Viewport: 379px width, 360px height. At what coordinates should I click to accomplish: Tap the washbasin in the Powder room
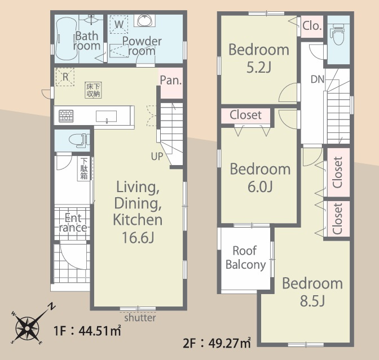click(145, 20)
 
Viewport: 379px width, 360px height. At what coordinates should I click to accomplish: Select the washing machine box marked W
click(118, 24)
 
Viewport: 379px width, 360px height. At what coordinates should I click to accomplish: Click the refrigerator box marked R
click(65, 77)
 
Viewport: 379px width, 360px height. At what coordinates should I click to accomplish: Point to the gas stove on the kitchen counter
click(66, 116)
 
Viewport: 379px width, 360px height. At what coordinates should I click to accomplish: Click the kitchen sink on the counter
click(107, 117)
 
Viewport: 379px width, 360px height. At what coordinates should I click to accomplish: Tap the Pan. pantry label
click(171, 80)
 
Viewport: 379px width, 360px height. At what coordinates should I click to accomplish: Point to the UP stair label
click(157, 157)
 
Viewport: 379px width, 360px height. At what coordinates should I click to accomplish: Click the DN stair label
click(318, 79)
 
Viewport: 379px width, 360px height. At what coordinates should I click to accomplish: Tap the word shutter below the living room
click(140, 318)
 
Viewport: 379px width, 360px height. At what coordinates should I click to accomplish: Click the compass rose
click(27, 328)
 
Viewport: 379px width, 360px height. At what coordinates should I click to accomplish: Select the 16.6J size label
click(138, 237)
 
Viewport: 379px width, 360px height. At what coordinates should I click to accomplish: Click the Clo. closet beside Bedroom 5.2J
click(312, 25)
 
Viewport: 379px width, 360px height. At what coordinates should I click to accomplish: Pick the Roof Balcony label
click(245, 257)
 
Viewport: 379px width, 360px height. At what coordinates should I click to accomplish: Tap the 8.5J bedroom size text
click(312, 301)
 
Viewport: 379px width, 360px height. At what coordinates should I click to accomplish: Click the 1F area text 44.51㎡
click(100, 330)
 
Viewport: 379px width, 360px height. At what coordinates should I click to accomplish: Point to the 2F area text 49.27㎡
click(230, 343)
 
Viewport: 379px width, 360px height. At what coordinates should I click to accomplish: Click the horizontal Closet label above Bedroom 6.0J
click(245, 115)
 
